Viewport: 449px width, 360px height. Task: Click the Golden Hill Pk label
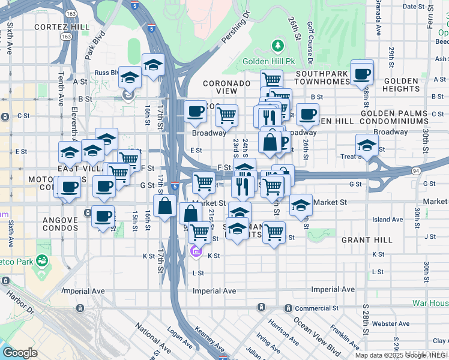tap(269, 62)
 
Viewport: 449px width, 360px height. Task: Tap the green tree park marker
tap(277, 46)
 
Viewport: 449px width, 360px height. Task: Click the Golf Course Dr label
tap(310, 45)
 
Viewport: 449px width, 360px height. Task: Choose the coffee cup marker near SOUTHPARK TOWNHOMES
tap(362, 74)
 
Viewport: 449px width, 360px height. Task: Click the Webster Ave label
tap(390, 323)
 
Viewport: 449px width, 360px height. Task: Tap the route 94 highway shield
tap(415, 171)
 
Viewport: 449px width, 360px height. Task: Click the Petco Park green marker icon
tap(42, 260)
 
